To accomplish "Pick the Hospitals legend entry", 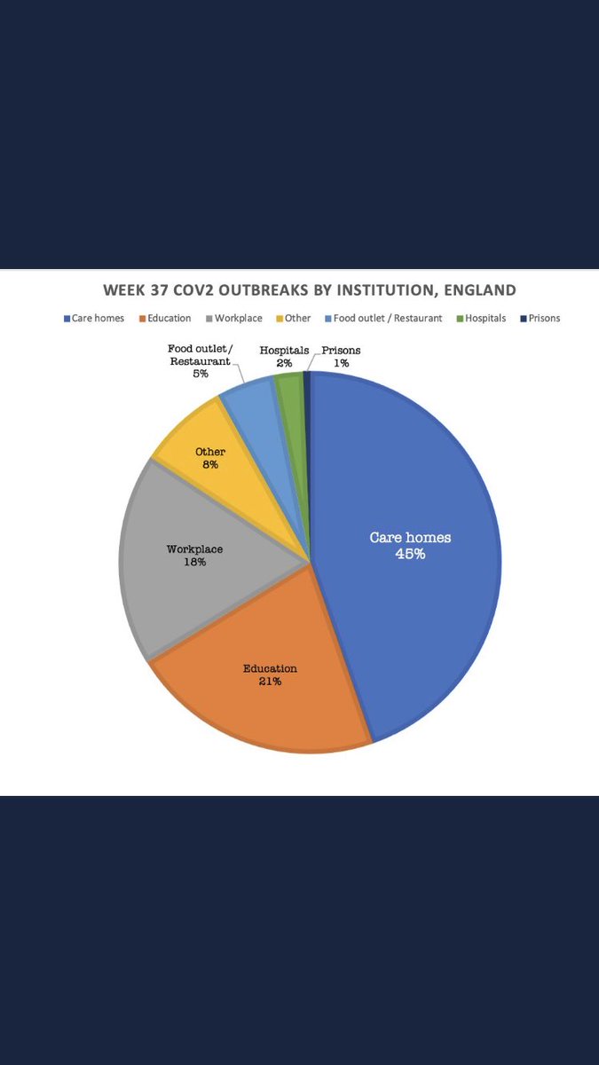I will [x=483, y=318].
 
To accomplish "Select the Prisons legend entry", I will [x=540, y=318].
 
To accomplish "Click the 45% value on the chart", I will [x=410, y=554].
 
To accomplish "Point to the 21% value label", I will [x=270, y=682].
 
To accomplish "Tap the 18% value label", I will [x=194, y=563].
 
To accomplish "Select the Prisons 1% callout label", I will [x=341, y=357].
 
